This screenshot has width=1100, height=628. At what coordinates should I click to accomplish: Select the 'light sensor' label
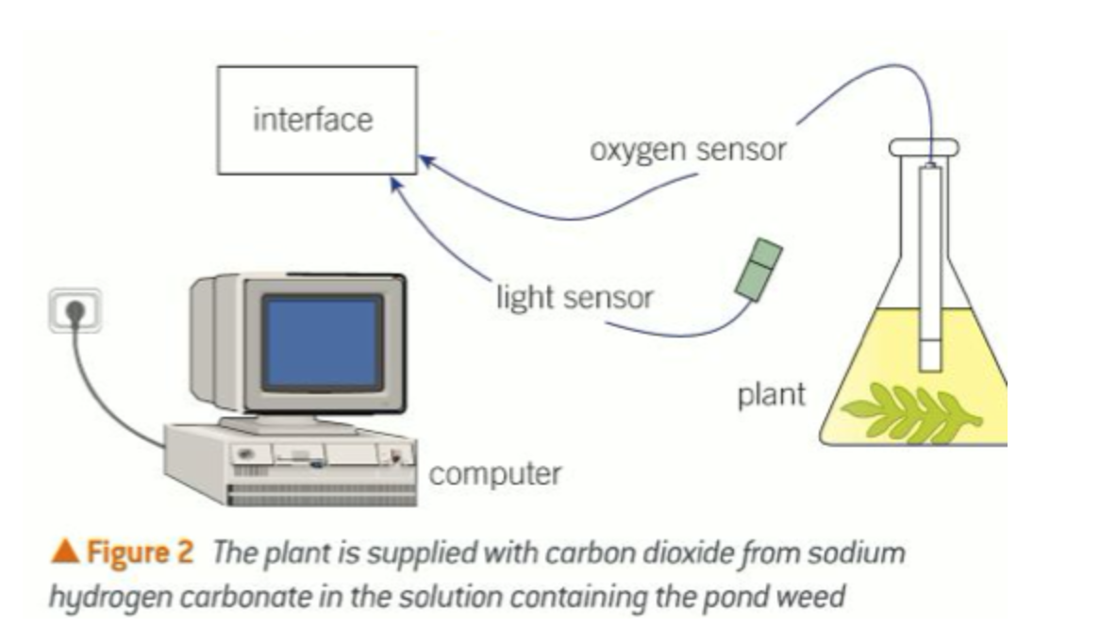(574, 298)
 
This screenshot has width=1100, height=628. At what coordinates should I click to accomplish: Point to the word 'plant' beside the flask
(771, 393)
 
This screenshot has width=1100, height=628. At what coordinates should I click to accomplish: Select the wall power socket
(76, 310)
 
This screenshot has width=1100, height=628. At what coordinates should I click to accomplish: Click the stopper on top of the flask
(924, 147)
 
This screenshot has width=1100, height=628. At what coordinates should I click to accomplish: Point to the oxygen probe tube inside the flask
(930, 273)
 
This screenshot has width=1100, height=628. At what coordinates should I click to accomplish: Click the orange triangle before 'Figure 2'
(67, 554)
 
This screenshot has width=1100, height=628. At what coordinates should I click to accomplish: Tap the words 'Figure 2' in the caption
(141, 554)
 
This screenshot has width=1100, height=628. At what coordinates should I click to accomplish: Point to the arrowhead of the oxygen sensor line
(425, 162)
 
